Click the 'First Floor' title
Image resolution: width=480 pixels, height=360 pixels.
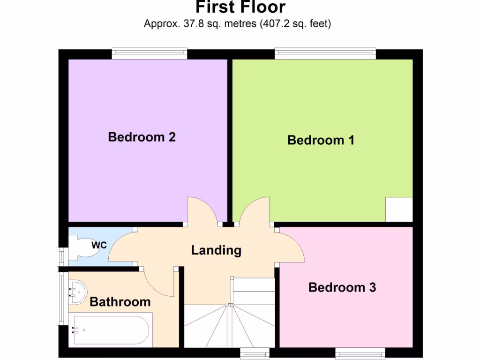pos(240,7)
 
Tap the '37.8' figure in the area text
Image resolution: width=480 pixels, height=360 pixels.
pos(188,23)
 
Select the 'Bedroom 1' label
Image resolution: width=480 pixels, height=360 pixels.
pos(321,140)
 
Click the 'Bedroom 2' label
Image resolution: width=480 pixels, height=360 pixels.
pos(142,137)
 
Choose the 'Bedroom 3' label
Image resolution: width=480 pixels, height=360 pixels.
pos(342,287)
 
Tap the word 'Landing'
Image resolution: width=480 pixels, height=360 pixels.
pos(216,250)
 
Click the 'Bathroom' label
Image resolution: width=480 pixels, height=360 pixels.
pos(120,301)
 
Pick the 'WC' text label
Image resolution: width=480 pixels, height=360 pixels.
pos(98,245)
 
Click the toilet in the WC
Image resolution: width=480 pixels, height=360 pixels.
pos(84,247)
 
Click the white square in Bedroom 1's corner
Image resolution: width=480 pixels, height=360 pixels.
pos(399,210)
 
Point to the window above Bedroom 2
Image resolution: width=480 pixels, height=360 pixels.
pos(150,53)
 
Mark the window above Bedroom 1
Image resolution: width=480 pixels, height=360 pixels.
pos(325,53)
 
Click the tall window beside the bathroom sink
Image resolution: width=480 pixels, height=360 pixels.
pos(61,298)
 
